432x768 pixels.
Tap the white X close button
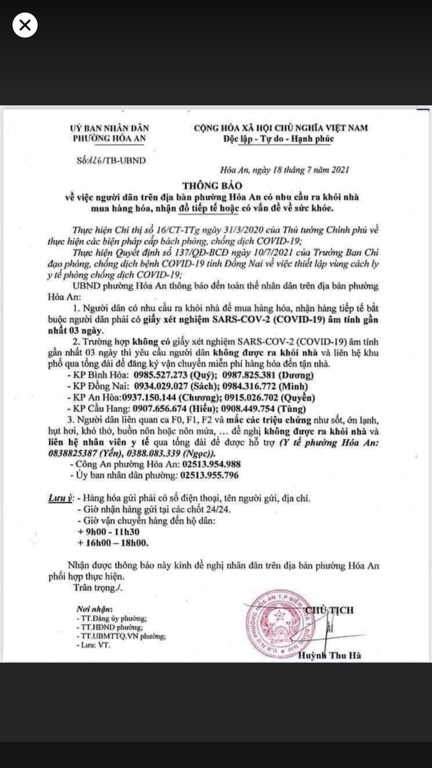pyautogui.click(x=25, y=25)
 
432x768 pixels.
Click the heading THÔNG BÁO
pyautogui.click(x=213, y=186)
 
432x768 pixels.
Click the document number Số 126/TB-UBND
pyautogui.click(x=111, y=161)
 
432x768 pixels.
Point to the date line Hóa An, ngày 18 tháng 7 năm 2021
pyautogui.click(x=284, y=170)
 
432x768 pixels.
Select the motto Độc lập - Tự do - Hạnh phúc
pyautogui.click(x=279, y=139)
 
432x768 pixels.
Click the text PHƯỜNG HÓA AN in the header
pyautogui.click(x=109, y=138)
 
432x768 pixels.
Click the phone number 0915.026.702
pyautogui.click(x=251, y=398)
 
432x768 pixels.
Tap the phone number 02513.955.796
pyautogui.click(x=209, y=475)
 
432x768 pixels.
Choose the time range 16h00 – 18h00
pyautogui.click(x=113, y=543)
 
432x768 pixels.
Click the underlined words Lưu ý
pyautogui.click(x=60, y=498)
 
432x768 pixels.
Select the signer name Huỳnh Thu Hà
pyautogui.click(x=329, y=656)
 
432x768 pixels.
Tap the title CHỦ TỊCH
pyautogui.click(x=329, y=610)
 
